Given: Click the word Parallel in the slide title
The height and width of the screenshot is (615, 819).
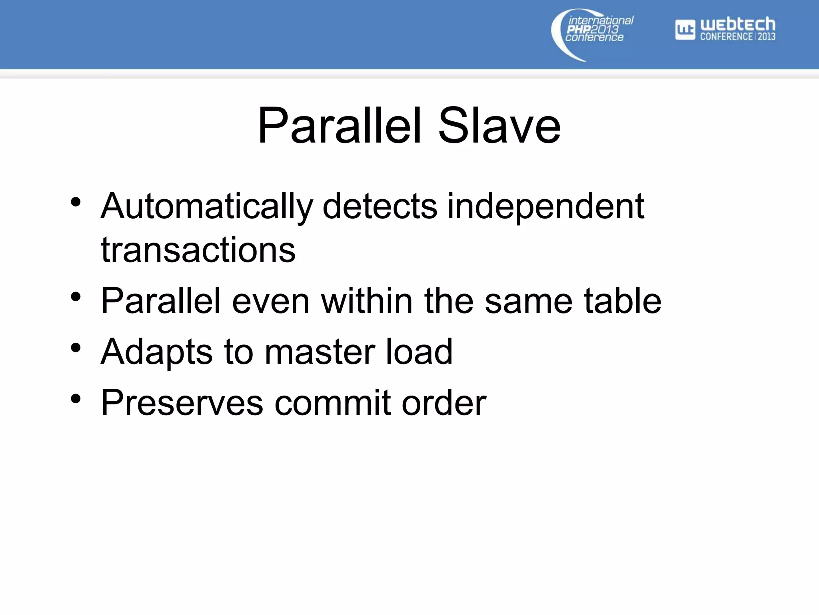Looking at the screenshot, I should (340, 126).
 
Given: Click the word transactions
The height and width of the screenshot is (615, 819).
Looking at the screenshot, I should (198, 250).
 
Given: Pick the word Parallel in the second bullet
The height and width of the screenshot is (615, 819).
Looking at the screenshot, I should (161, 301).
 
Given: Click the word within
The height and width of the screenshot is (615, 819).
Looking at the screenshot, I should (367, 301).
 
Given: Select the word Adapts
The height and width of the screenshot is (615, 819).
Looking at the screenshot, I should (156, 352).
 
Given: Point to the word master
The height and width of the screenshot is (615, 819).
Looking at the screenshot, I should (320, 352).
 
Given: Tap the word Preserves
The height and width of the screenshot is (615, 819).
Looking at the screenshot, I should (182, 403).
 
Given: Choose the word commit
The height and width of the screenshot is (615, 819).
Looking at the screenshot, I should (332, 403).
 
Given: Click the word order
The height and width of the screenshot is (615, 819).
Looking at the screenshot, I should (444, 403).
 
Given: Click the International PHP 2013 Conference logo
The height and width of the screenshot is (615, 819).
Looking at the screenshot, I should (592, 34).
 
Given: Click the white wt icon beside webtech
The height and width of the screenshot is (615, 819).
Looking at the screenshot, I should (685, 30).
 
